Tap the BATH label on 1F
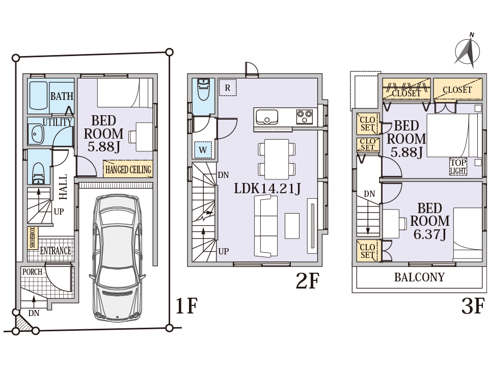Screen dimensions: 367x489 coord(62,96)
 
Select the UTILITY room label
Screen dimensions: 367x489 coord(57,123)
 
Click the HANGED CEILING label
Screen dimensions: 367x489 coord(128,169)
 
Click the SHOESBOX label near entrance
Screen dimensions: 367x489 coord(32,238)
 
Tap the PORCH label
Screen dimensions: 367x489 coord(32,272)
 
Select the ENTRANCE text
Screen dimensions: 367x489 coord(56,251)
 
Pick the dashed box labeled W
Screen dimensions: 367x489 coord(203,150)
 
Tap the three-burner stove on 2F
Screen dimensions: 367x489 coord(305,117)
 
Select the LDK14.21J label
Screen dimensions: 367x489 coord(267,188)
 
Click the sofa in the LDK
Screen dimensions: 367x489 coord(265,227)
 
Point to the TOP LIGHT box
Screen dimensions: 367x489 coord(458,167)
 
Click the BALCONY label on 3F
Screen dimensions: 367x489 coord(419,278)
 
